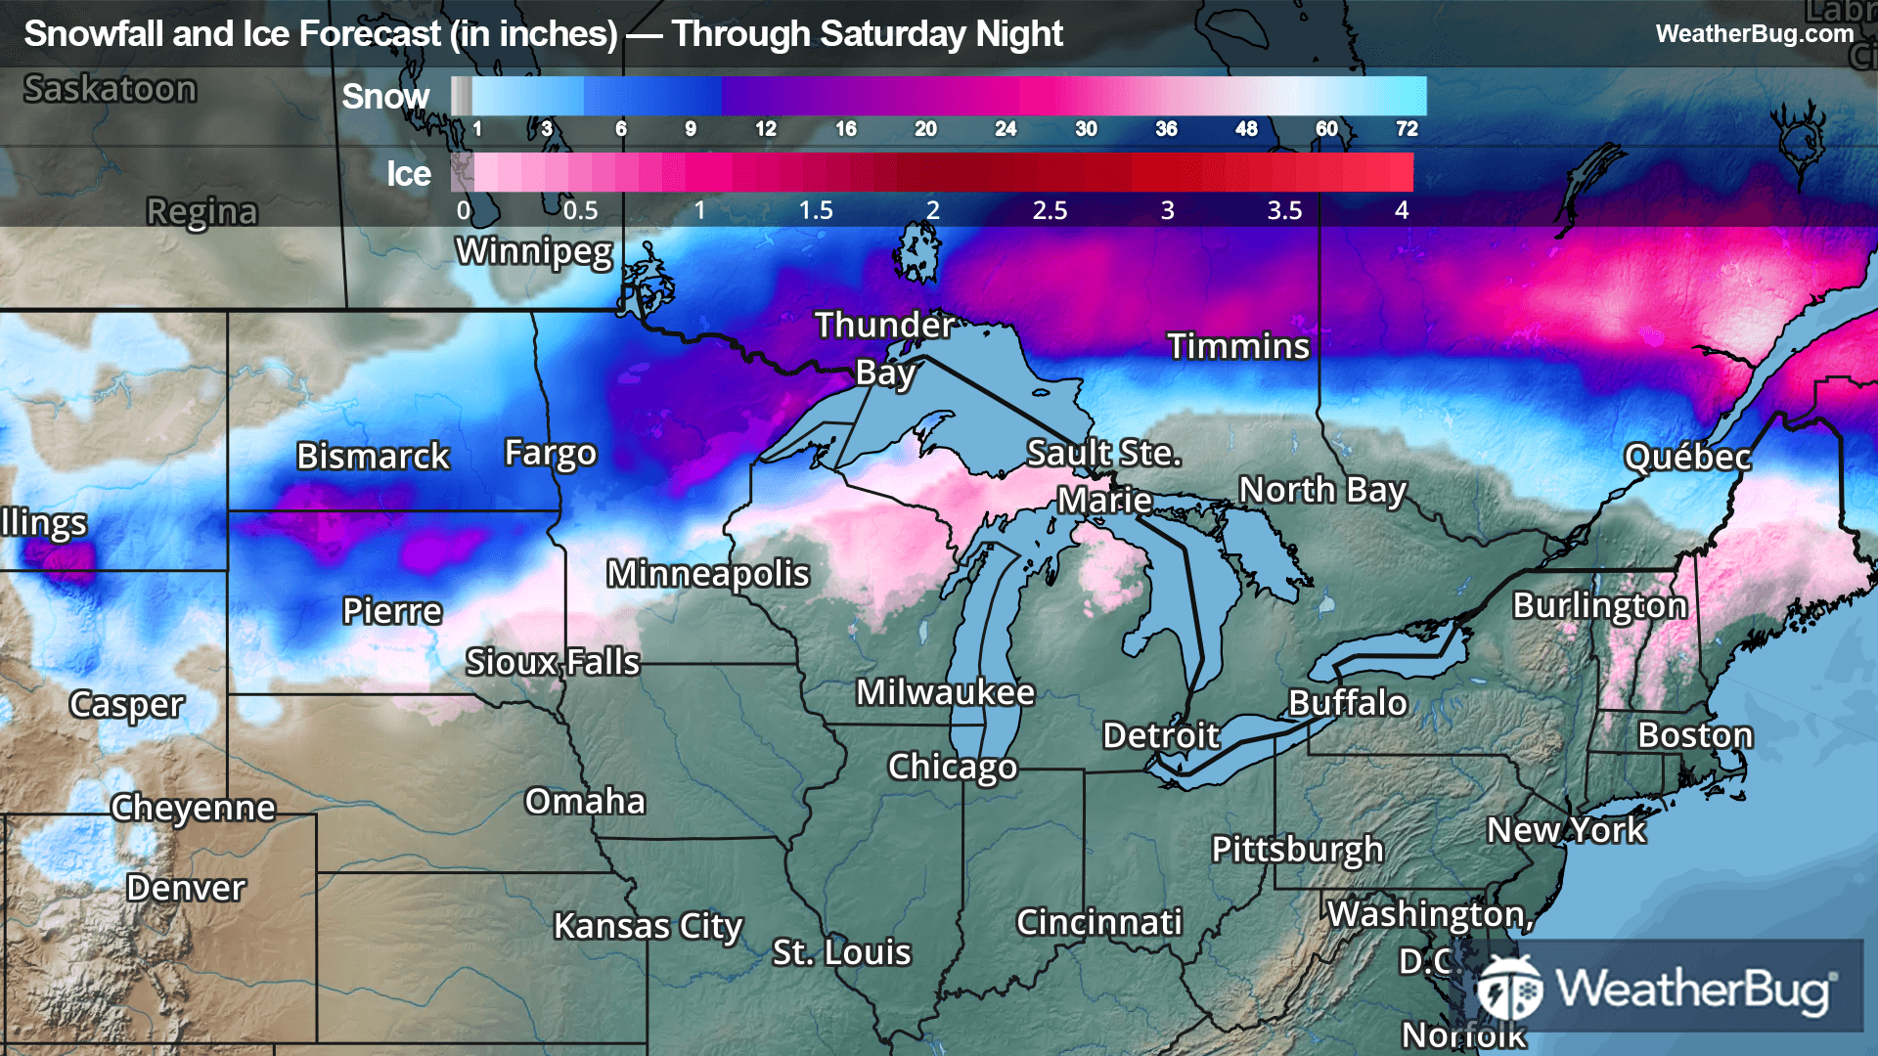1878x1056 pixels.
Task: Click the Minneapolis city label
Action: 707,574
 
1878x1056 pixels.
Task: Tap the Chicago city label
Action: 952,768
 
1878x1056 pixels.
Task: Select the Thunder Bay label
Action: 884,348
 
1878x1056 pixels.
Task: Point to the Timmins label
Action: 1237,346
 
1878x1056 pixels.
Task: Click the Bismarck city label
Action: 373,456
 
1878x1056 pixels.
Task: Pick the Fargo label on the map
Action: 550,454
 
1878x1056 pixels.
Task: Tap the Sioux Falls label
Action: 553,662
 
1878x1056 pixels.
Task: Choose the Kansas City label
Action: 648,926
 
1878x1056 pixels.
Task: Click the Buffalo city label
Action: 1347,703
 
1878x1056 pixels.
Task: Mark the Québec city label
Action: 1687,457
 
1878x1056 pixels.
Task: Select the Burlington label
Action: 1599,606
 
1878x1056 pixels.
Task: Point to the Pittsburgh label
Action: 1297,850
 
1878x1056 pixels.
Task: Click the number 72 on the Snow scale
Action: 1407,129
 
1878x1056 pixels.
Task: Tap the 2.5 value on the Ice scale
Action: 1050,210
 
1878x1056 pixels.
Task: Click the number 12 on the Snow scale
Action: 765,129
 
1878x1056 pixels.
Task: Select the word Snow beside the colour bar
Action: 385,97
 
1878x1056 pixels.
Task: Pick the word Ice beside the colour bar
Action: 408,174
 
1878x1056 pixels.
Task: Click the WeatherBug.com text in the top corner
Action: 1754,33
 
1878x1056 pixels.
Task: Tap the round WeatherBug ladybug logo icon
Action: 1508,989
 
